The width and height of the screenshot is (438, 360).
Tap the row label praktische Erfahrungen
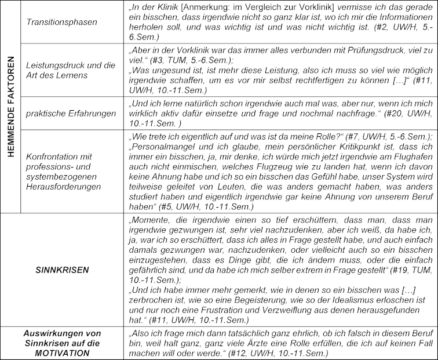(71, 113)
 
